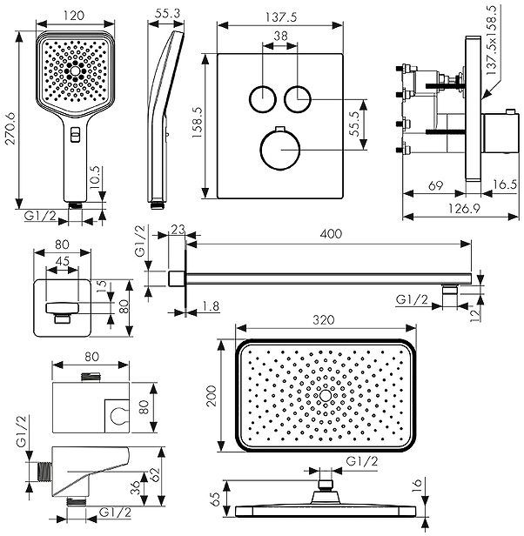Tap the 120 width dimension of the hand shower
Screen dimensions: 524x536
[x=74, y=16]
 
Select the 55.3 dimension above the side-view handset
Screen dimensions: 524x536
[x=168, y=13]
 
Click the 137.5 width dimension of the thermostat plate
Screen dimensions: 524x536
[x=281, y=17]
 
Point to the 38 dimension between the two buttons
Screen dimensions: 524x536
[x=280, y=36]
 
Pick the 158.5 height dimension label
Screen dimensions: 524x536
[x=198, y=123]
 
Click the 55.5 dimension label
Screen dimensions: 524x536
[x=354, y=124]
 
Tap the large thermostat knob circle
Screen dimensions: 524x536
[x=280, y=150]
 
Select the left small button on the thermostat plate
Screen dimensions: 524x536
[x=263, y=99]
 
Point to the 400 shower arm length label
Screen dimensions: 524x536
[x=331, y=234]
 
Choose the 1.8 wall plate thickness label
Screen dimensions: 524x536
[x=210, y=306]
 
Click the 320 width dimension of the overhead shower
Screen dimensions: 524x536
[x=324, y=320]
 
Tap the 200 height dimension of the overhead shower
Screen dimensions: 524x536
[x=212, y=396]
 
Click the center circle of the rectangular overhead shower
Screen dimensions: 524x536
[x=326, y=396]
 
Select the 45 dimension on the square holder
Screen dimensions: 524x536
[x=63, y=261]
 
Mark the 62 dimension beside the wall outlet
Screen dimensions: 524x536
[x=155, y=474]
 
